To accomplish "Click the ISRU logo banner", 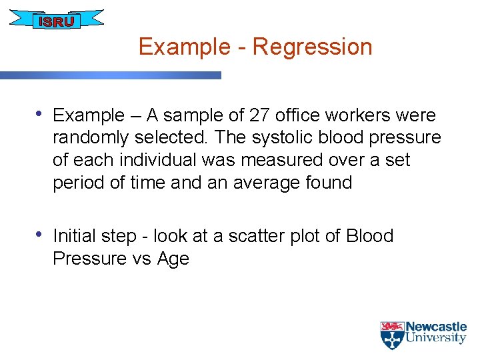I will tap(57, 20).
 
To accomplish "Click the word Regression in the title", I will tap(312, 47).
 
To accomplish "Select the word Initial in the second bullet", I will tap(75, 236).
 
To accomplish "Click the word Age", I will tap(173, 259).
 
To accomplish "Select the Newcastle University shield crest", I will tap(391, 335).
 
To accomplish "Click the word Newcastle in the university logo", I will tap(436, 327).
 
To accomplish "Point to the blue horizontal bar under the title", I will tap(110, 75).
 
